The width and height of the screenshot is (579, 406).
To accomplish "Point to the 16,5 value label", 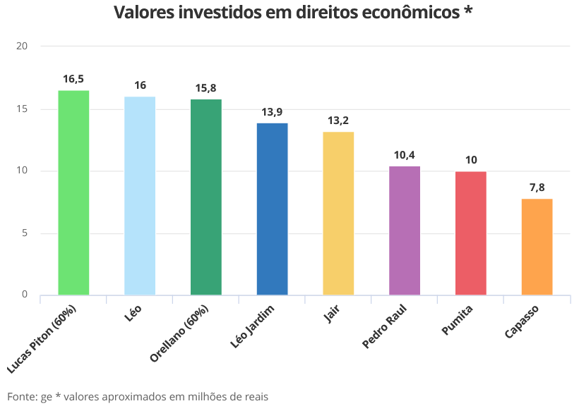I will pos(73,79).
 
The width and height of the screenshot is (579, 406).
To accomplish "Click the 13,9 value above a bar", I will pos(272,112).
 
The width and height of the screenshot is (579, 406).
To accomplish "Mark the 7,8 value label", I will pos(537,187).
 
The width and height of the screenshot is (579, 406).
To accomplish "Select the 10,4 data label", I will pos(405,155).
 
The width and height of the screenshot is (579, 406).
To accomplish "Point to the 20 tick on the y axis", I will pos(22,47).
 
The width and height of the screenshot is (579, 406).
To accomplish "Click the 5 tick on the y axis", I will pos(25,233).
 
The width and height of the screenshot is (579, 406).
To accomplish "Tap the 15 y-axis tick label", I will pos(22,109).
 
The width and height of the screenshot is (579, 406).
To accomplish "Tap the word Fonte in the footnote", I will pos(22,396).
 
